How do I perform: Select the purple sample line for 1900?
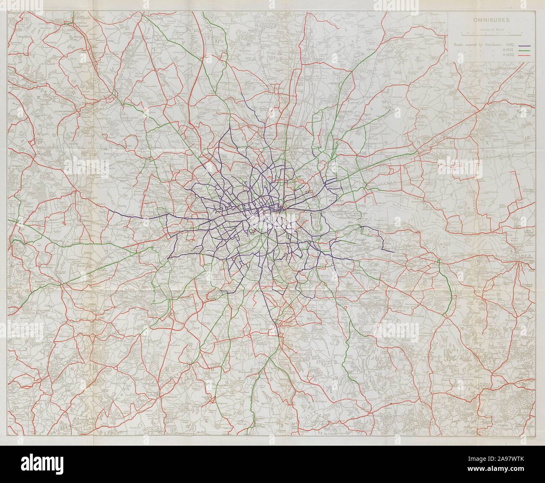526,46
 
